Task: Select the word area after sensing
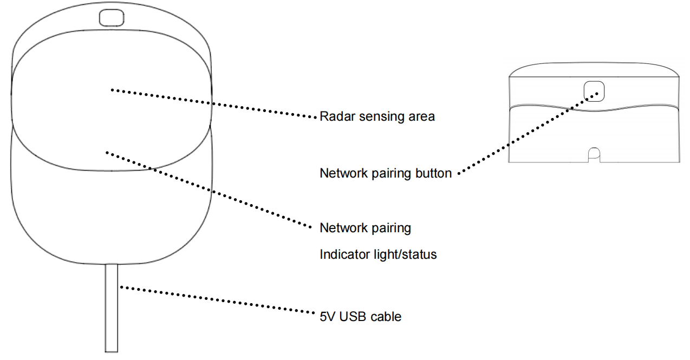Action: tap(420, 117)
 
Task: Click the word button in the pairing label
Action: tap(432, 174)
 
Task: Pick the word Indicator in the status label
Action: tap(343, 254)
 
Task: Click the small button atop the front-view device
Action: tap(110, 17)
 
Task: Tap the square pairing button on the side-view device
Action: tap(594, 90)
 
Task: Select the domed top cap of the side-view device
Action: tap(594, 69)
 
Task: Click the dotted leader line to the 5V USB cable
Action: tap(217, 300)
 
